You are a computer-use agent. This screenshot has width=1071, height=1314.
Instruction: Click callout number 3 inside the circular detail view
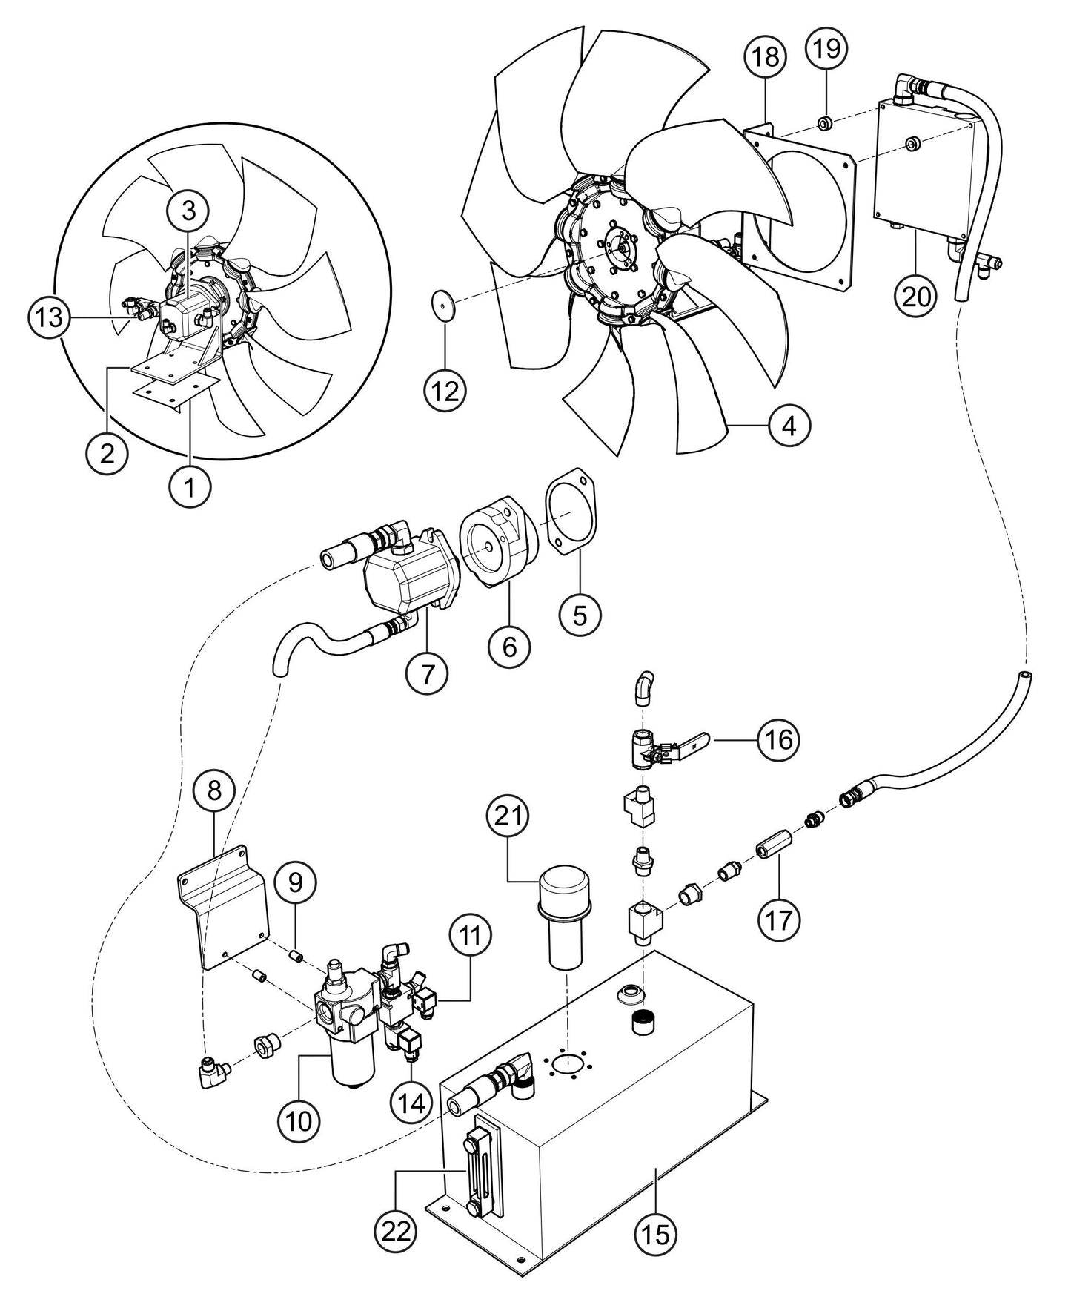(x=188, y=210)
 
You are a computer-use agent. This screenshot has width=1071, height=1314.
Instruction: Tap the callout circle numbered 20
(x=915, y=295)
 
